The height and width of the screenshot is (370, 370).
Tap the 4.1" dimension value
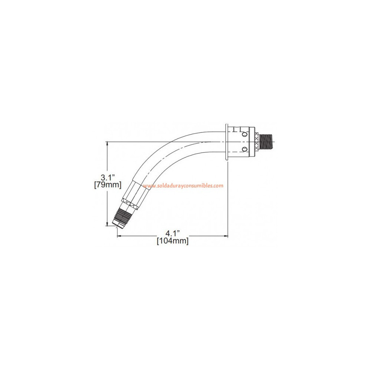pyautogui.click(x=172, y=233)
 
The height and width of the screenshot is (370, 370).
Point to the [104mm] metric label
pyautogui.click(x=172, y=241)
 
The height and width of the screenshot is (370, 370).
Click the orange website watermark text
pyautogui.click(x=183, y=186)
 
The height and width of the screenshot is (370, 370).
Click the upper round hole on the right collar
pyautogui.click(x=244, y=136)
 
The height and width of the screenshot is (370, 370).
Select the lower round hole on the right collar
pyautogui.click(x=244, y=149)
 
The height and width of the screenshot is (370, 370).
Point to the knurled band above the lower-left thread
pyautogui.click(x=129, y=205)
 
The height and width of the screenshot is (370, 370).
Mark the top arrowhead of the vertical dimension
pyautogui.click(x=108, y=143)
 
